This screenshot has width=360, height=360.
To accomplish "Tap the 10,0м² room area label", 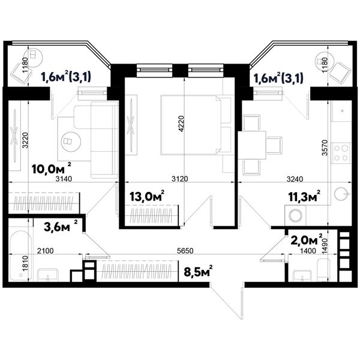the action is pyautogui.click(x=52, y=169).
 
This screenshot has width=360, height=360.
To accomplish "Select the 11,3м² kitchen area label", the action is pyautogui.click(x=304, y=196).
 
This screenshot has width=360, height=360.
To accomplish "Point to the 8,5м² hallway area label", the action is pyautogui.click(x=198, y=271).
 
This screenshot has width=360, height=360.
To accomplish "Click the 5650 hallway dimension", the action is pyautogui.click(x=185, y=250).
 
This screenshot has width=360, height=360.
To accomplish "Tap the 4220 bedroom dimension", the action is pyautogui.click(x=181, y=124).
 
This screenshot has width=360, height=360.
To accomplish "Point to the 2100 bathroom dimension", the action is pyautogui.click(x=45, y=250).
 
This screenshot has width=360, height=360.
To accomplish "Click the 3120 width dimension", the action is pyautogui.click(x=180, y=179).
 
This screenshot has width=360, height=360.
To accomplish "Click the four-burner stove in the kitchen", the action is pyautogui.click(x=341, y=153).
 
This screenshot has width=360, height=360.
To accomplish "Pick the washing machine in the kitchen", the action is pyautogui.click(x=295, y=215).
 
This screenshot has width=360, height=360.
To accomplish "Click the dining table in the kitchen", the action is pyautogui.click(x=252, y=145).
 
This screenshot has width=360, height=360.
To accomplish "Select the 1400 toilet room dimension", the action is pyautogui.click(x=308, y=250).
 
